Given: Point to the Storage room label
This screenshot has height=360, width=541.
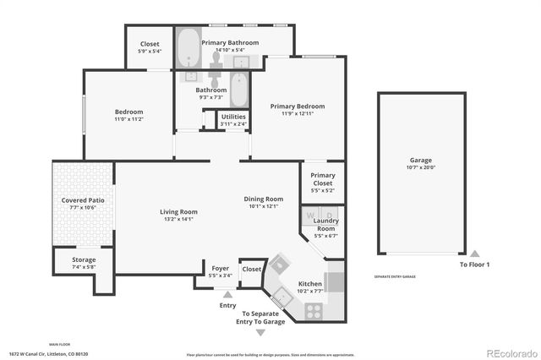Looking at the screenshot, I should [84, 259].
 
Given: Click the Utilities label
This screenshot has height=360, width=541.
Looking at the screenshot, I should [233, 117].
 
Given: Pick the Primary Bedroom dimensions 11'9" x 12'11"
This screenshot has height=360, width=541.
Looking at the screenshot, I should [297, 114].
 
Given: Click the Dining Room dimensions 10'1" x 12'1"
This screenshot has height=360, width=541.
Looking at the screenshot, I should [264, 206].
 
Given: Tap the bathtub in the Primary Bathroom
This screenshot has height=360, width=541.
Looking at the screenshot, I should [187, 49].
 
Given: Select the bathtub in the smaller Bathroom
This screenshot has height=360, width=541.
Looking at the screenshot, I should [239, 90].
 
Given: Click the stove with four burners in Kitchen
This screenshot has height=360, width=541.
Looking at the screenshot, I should [314, 311].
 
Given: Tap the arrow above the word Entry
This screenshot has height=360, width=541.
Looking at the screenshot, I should [227, 294].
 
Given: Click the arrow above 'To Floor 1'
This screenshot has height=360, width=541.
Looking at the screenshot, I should [474, 254].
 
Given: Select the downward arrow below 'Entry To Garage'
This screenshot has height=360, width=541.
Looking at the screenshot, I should [260, 333].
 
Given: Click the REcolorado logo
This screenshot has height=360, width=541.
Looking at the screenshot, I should [510, 352].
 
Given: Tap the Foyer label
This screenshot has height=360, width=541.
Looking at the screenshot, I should [221, 268].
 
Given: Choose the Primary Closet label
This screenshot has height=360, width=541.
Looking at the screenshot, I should [323, 179].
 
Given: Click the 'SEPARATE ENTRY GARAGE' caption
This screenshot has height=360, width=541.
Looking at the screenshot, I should [396, 276].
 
